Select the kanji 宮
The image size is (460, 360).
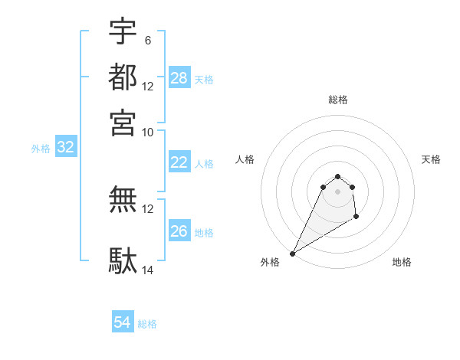tap(123, 122)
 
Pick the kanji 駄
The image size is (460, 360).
tap(123, 261)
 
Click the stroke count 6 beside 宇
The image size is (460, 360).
tap(147, 39)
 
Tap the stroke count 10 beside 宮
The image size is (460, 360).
tap(148, 132)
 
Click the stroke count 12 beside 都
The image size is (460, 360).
tap(148, 87)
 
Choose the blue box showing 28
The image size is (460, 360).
tap(179, 78)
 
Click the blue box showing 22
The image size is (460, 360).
tap(179, 162)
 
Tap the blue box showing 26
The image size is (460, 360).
tap(179, 231)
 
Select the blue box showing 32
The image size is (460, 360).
tap(66, 148)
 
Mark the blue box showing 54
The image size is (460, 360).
tap(123, 323)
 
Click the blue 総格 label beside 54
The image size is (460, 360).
tap(147, 324)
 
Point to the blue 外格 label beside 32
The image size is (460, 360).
tap(41, 149)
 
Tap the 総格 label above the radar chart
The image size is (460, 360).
tap(337, 100)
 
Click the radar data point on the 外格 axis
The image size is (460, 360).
tap(292, 254)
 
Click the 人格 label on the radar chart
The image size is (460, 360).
tap(245, 159)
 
